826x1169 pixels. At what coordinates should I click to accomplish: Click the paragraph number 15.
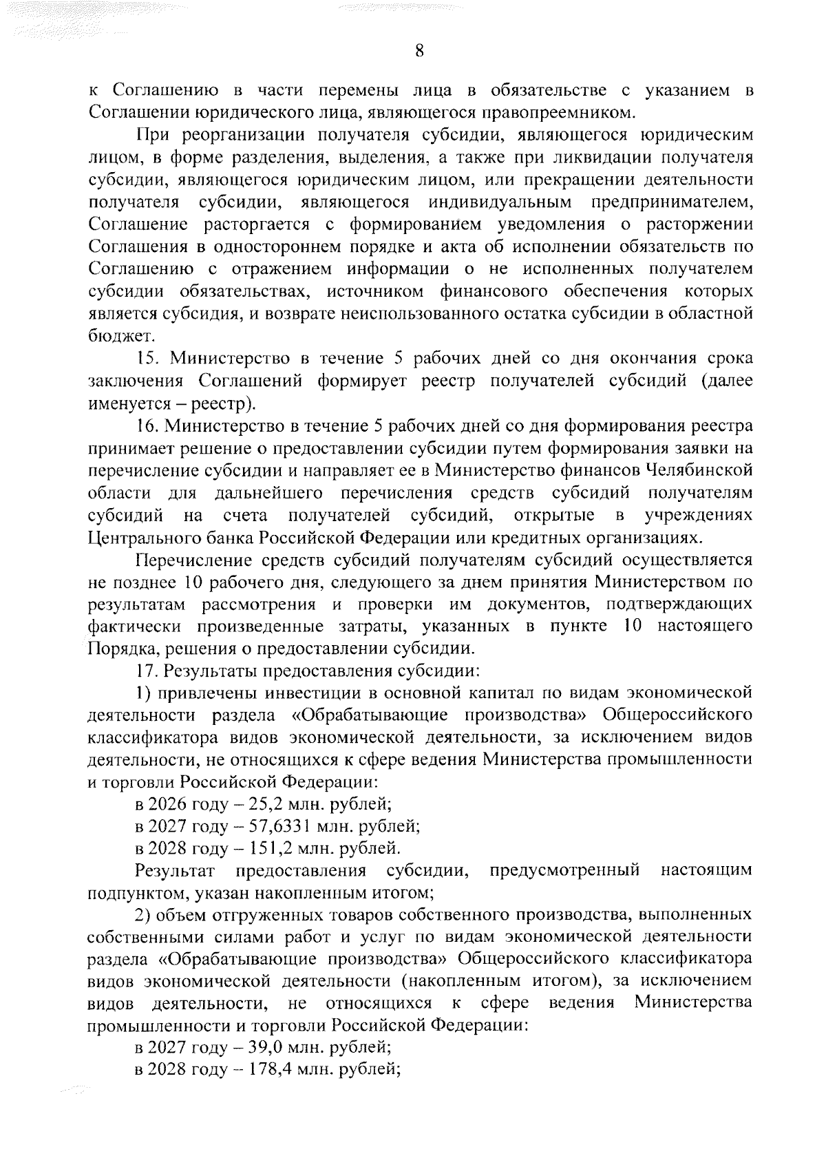[148, 359]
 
